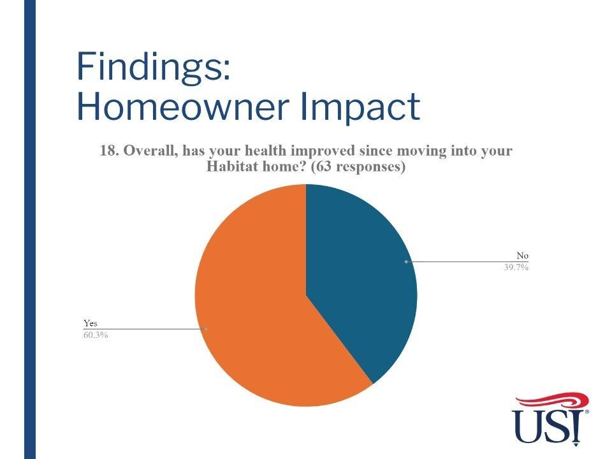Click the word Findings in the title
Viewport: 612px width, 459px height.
pyautogui.click(x=150, y=67)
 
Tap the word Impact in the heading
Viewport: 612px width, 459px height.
pyautogui.click(x=360, y=108)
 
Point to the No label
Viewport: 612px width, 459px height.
pyautogui.click(x=522, y=256)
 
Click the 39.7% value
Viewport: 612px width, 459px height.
pyautogui.click(x=516, y=267)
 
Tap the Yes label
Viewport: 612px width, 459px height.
pyautogui.click(x=90, y=323)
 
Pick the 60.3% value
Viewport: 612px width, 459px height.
pyautogui.click(x=96, y=335)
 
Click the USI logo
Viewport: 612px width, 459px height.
pyautogui.click(x=550, y=419)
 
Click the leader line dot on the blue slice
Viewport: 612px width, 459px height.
pyautogui.click(x=406, y=261)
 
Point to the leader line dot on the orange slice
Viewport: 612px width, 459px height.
pyautogui.click(x=206, y=329)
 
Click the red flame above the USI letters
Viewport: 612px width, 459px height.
pyautogui.click(x=552, y=401)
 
